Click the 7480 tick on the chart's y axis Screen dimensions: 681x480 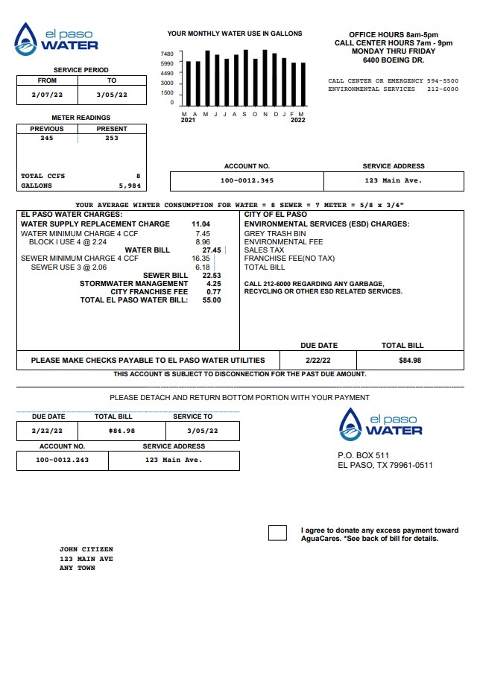tap(167, 54)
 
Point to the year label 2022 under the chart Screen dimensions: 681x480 tap(297, 120)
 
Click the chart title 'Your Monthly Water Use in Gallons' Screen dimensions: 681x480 tap(235, 34)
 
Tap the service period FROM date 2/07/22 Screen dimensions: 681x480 tap(46, 95)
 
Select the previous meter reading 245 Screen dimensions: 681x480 tap(47, 138)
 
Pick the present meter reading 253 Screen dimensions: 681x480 tap(112, 138)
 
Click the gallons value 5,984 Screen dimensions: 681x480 tap(129, 186)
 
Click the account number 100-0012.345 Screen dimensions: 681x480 tap(247, 181)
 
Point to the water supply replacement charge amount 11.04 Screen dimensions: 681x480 tap(200, 224)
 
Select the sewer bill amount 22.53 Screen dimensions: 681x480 tap(212, 276)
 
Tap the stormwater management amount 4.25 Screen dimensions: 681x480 tap(213, 284)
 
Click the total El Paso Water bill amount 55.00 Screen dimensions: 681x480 tap(211, 300)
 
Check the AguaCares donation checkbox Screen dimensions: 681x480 tap(277, 533)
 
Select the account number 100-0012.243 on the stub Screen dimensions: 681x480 tap(63, 460)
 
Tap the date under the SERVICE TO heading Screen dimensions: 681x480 tap(203, 431)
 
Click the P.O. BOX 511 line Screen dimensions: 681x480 tap(363, 455)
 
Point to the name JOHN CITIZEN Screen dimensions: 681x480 tap(86, 549)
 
